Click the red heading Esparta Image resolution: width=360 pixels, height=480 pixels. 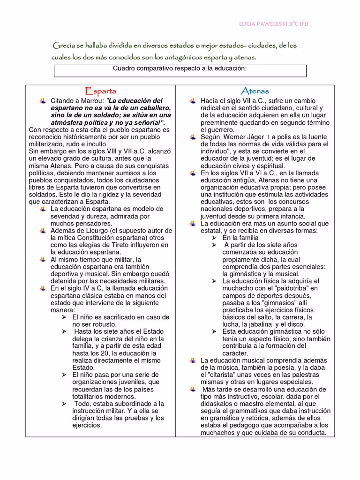(100, 91)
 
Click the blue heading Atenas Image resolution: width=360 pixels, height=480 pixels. (255, 91)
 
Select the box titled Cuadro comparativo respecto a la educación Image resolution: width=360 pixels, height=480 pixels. (180, 71)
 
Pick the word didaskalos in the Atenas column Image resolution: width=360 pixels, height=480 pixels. (220, 404)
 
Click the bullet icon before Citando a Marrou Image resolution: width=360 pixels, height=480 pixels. (43, 101)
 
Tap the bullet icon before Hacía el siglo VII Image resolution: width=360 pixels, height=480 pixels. (193, 101)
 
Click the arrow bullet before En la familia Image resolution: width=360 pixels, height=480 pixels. (214, 238)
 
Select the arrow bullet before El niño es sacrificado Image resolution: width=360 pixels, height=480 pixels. (64, 317)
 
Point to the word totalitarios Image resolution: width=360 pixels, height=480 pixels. (91, 397)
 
